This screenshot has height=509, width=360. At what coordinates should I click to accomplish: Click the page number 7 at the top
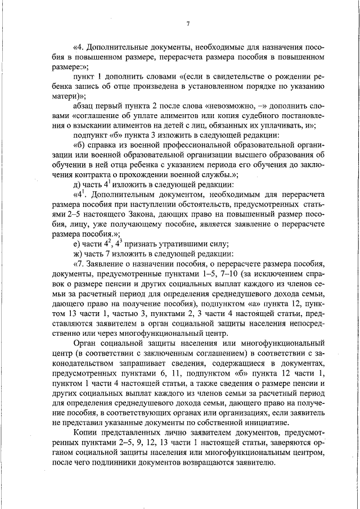point(188,23)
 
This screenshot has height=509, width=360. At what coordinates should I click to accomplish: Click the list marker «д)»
point(77,187)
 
